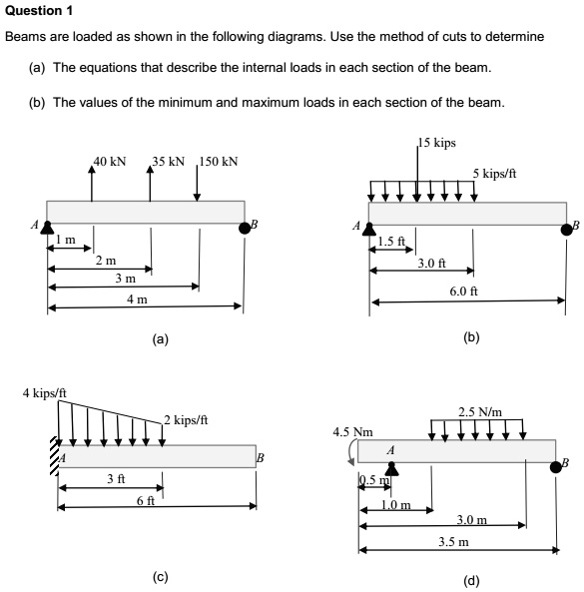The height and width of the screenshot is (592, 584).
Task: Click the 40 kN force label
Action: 110,161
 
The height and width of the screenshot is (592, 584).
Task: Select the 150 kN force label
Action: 220,161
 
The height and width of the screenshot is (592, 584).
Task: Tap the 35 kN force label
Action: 171,161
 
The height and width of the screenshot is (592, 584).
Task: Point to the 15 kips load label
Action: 437,143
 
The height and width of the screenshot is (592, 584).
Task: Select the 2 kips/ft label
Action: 187,419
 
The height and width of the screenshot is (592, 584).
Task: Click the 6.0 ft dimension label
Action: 464,291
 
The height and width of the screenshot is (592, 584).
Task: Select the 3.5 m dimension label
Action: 453,542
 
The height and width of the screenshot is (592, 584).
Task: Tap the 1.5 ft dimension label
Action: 392,241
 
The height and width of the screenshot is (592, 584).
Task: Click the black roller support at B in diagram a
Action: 245,228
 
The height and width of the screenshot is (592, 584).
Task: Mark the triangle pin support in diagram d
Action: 391,468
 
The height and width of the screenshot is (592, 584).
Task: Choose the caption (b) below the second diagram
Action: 472,337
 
